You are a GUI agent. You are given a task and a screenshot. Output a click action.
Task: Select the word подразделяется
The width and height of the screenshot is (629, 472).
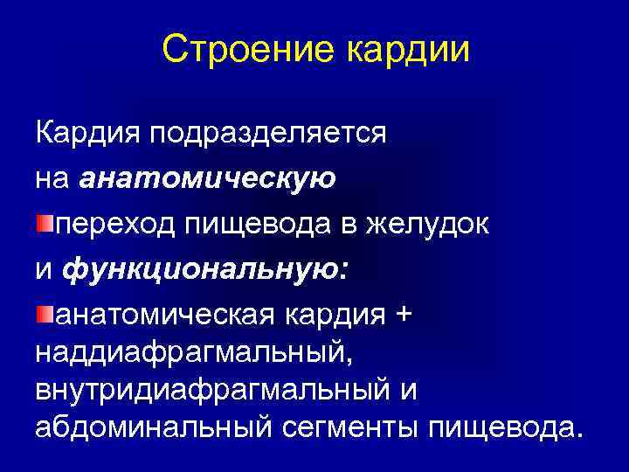click(x=268, y=135)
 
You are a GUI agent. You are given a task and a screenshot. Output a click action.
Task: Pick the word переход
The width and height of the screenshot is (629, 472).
click(x=114, y=225)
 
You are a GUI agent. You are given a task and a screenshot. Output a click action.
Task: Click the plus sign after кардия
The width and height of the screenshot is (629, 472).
click(x=402, y=315)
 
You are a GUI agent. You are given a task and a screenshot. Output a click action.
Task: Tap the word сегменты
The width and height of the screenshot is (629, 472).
click(x=361, y=427)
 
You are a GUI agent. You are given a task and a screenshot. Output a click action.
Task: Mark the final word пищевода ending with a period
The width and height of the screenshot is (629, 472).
click(x=505, y=427)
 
